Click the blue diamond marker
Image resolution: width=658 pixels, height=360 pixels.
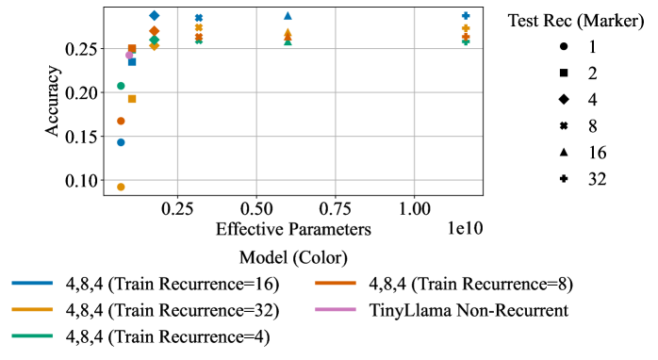click(x=155, y=16)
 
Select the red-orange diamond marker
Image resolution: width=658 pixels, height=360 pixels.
click(x=155, y=31)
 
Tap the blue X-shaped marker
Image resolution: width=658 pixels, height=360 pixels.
click(x=199, y=18)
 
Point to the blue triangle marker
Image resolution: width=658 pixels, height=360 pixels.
click(x=288, y=16)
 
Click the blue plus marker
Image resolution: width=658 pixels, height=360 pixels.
click(x=466, y=16)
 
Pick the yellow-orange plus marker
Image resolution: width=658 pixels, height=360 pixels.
click(x=466, y=28)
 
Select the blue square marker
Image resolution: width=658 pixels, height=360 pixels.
click(x=132, y=62)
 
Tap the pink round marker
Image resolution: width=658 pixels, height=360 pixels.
click(x=129, y=55)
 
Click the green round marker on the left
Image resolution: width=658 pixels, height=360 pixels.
click(x=121, y=86)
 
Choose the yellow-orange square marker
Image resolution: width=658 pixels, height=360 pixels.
click(x=132, y=99)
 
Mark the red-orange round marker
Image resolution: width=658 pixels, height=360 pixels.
click(x=121, y=121)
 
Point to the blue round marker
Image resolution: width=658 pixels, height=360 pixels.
click(x=121, y=142)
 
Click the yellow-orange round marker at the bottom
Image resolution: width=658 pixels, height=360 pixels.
click(x=121, y=187)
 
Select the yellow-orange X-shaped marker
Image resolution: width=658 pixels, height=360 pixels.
click(x=199, y=27)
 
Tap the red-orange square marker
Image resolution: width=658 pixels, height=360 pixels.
click(x=132, y=48)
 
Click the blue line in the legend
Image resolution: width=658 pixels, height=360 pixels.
click(x=32, y=283)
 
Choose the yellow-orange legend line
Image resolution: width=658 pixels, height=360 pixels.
click(x=32, y=309)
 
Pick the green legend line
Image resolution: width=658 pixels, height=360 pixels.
click(x=32, y=335)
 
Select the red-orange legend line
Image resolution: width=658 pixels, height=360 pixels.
click(x=336, y=283)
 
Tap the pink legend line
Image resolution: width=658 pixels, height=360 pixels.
click(x=336, y=309)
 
